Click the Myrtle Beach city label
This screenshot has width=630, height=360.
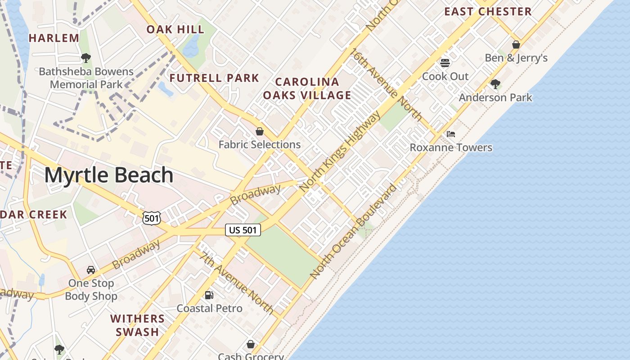[x=108, y=175]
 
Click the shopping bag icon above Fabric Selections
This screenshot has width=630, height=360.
[x=260, y=131]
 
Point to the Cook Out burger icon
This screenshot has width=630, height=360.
[x=445, y=63]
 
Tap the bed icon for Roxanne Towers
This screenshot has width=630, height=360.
[x=450, y=134]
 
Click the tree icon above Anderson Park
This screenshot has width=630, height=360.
[x=495, y=84]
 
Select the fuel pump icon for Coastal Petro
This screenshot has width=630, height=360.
[x=209, y=295]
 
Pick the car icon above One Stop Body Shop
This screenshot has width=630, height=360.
[x=91, y=270]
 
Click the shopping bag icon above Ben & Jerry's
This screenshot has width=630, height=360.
[x=516, y=45]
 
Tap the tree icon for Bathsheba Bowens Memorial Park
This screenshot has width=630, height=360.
[x=86, y=58]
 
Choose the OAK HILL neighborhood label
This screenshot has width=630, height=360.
[x=175, y=30]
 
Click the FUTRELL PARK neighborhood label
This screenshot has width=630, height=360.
[x=214, y=78]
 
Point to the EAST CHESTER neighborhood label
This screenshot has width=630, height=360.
[x=488, y=11]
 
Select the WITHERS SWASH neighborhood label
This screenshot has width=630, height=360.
[x=137, y=325]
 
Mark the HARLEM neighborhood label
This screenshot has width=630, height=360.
[x=54, y=38]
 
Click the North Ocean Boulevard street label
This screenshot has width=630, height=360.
[x=354, y=231]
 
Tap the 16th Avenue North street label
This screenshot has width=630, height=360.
[x=387, y=84]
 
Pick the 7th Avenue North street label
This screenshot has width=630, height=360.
[x=237, y=283]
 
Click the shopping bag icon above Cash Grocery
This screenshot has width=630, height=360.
[x=251, y=344]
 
